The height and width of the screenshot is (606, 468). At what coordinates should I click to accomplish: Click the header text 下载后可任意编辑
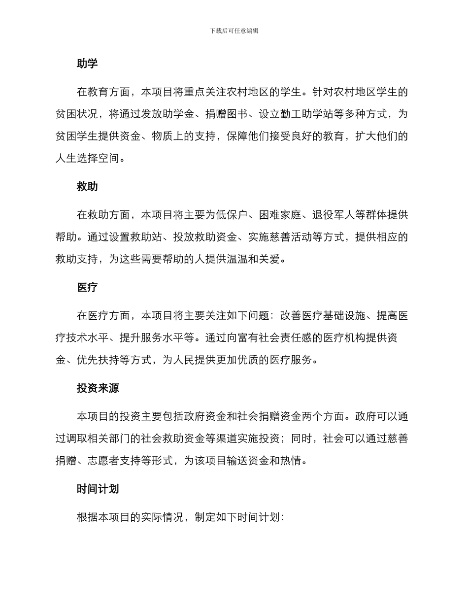[x=234, y=31]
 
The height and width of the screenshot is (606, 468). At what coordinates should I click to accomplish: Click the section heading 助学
[x=87, y=64]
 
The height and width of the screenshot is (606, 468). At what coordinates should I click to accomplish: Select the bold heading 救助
[x=87, y=187]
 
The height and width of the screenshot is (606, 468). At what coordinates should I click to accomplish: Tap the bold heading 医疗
[x=87, y=288]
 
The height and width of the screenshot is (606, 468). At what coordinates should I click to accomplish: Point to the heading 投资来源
[x=98, y=388]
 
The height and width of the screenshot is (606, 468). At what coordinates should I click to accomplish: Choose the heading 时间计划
[x=98, y=489]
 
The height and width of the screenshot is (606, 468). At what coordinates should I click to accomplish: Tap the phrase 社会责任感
[x=291, y=338]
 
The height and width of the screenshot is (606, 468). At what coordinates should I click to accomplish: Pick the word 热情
[x=291, y=461]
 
